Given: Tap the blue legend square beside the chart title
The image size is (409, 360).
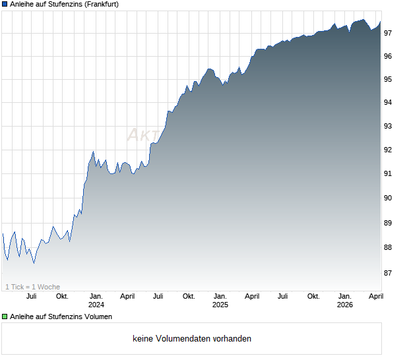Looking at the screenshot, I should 5,4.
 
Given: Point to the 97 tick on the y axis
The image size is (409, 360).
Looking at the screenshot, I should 389,33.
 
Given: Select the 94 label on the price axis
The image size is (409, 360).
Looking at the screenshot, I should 389,102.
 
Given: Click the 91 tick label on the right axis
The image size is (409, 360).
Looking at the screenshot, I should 389,173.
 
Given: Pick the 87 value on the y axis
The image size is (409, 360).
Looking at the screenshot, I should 389,272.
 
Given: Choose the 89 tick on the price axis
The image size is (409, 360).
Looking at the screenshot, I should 389,223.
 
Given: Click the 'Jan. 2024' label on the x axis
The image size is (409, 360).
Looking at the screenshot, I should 96,301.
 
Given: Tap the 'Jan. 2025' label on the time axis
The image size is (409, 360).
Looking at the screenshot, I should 220,301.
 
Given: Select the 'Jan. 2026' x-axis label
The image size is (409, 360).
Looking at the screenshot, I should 344,301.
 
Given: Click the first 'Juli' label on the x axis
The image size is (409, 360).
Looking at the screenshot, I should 31,296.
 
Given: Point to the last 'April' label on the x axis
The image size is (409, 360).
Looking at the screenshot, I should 375,296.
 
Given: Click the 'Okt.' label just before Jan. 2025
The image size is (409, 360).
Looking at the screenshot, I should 189,296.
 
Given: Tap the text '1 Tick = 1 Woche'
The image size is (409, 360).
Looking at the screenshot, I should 32,287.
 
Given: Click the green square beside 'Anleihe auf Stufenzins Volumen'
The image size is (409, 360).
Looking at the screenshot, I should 5,316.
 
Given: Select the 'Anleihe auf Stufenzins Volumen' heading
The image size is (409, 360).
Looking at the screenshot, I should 61,316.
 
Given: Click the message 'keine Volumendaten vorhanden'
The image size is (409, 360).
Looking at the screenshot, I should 192,339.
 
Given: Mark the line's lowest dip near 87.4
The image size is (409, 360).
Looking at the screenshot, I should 34,263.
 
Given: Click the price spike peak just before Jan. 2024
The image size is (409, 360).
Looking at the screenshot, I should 93,152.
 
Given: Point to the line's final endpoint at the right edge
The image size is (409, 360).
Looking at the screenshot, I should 381,22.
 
